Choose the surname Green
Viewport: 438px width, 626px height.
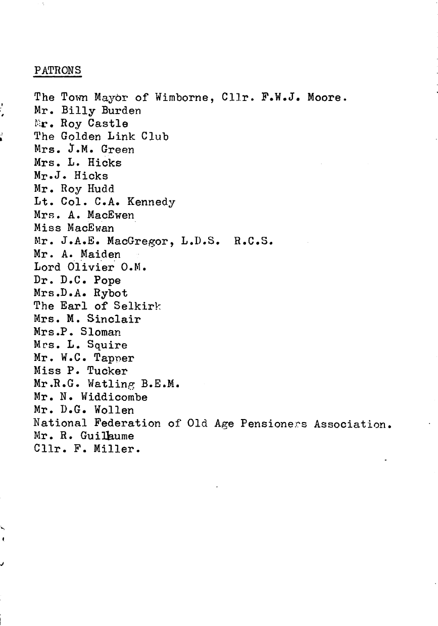pos(118,149)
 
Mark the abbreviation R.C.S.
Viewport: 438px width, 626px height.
pos(254,241)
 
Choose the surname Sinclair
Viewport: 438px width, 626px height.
pos(114,319)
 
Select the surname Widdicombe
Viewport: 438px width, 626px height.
pos(121,397)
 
